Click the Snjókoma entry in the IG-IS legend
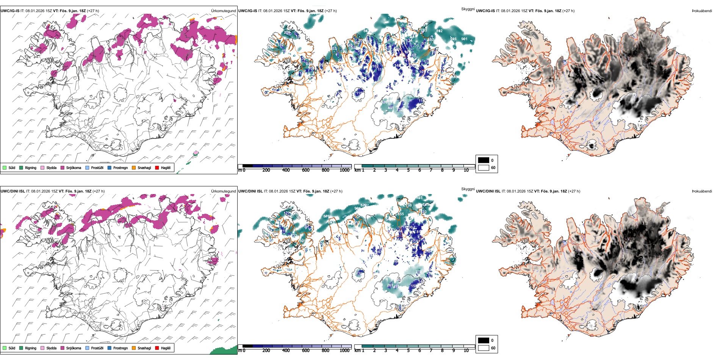(74, 167)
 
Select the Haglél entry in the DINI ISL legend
(166, 348)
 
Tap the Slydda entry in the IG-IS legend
(51, 167)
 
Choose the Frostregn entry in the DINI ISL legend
(121, 348)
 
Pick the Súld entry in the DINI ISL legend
(12, 348)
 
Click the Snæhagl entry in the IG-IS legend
(144, 167)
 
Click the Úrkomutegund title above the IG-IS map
(223, 11)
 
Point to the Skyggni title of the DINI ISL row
(468, 189)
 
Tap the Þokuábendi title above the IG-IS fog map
(702, 11)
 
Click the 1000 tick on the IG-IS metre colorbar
(344, 170)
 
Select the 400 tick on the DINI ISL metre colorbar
(286, 351)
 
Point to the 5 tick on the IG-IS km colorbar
(408, 170)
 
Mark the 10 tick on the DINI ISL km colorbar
(466, 351)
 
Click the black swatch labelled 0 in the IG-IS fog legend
(484, 160)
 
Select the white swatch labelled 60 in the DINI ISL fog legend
(484, 348)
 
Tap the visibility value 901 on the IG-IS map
(464, 39)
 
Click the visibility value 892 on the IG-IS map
(439, 31)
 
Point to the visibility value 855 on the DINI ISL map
(401, 214)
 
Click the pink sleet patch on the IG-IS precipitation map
(196, 153)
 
